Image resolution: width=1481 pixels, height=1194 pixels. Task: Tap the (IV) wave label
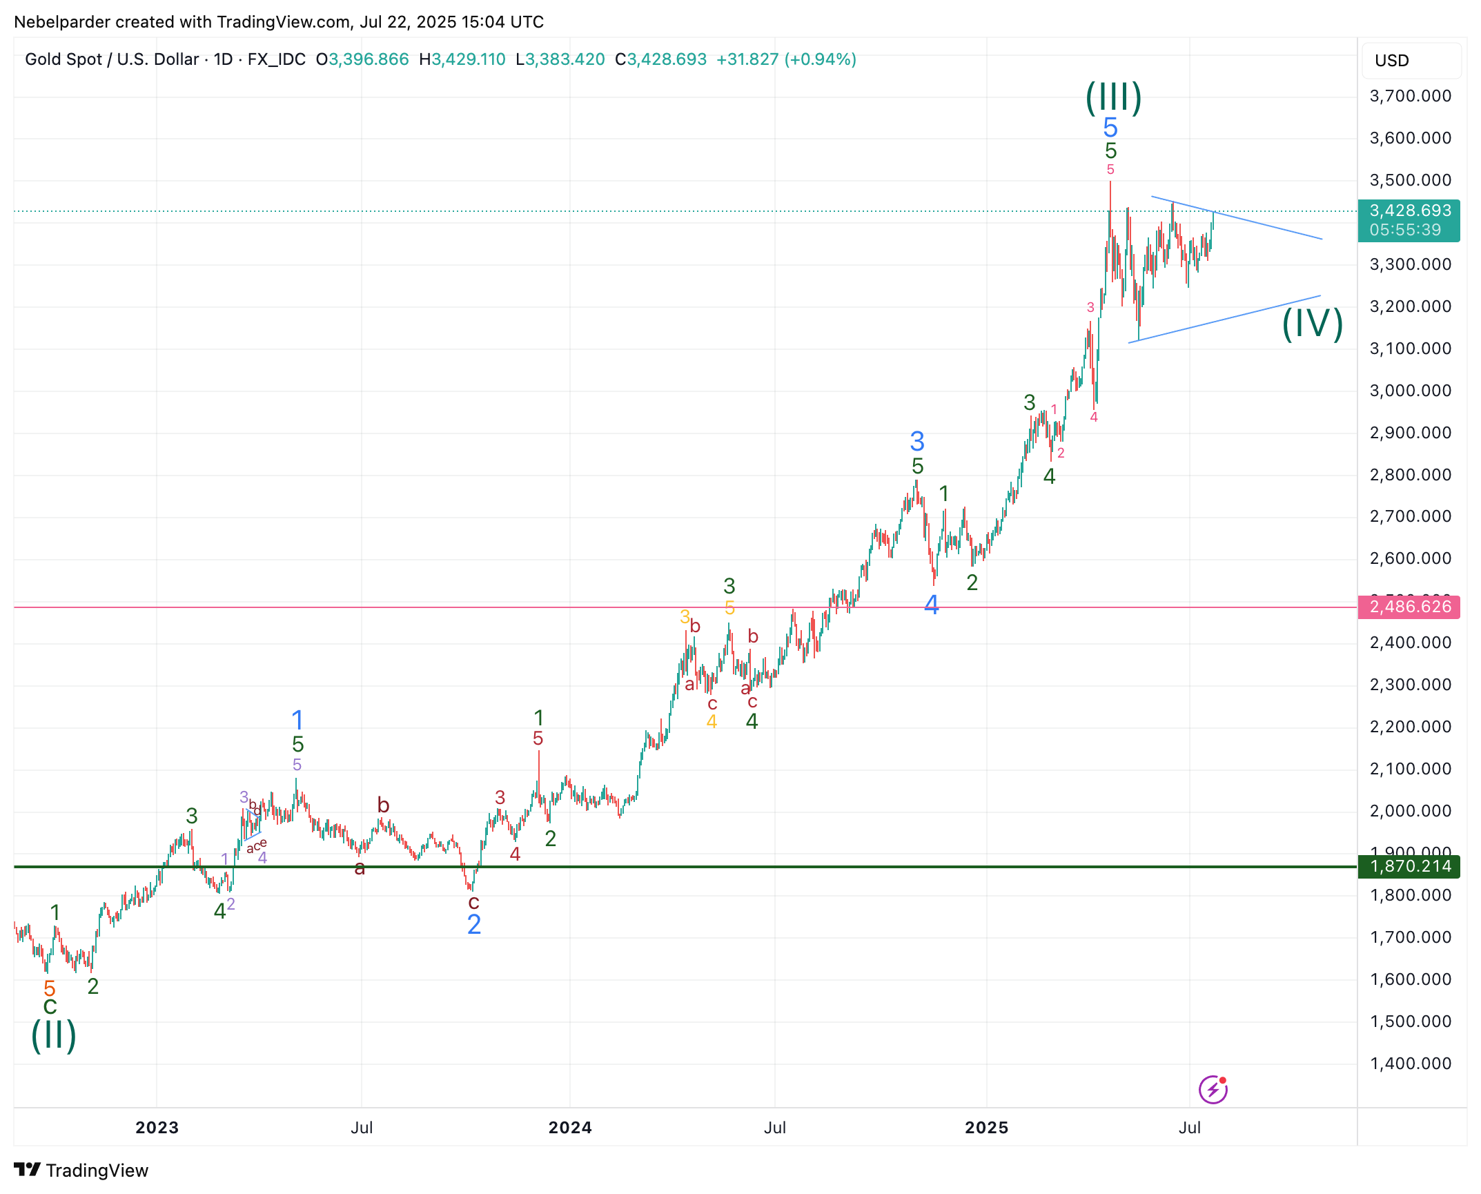click(x=1312, y=324)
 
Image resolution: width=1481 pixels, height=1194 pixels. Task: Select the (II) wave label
click(x=54, y=1035)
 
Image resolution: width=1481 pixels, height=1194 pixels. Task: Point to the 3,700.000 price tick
click(x=1410, y=96)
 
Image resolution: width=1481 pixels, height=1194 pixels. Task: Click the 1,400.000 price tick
click(x=1410, y=1064)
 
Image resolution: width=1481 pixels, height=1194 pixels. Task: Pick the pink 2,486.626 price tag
click(x=1409, y=607)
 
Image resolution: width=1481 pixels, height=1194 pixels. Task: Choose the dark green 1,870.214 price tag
click(x=1409, y=866)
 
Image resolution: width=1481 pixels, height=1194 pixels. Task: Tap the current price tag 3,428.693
click(x=1409, y=211)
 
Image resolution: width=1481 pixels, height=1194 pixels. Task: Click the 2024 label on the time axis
click(x=569, y=1128)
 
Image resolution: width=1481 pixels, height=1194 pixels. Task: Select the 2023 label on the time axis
click(x=157, y=1128)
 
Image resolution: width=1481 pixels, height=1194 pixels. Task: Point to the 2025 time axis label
click(x=986, y=1128)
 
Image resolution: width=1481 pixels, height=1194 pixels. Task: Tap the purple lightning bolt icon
click(x=1213, y=1090)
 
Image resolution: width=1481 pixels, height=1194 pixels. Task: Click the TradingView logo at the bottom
click(x=81, y=1171)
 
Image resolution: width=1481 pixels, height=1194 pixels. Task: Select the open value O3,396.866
click(x=362, y=59)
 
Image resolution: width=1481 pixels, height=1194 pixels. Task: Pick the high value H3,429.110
click(x=462, y=59)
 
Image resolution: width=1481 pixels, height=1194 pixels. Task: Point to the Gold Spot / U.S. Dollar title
click(x=112, y=59)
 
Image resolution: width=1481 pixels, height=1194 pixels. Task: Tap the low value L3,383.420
click(x=560, y=59)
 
